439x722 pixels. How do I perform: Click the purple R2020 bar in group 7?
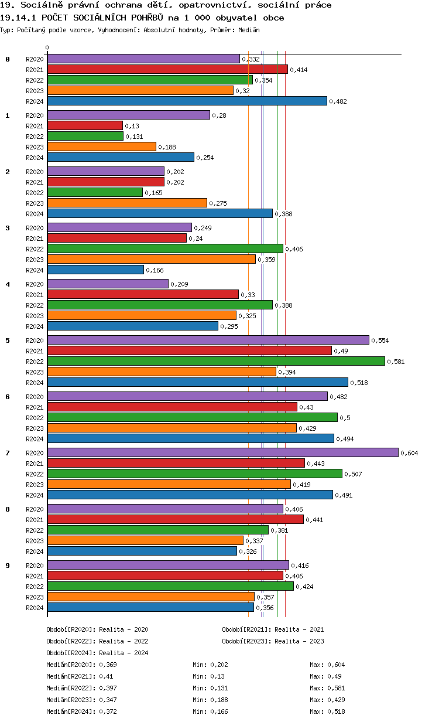tap(222, 452)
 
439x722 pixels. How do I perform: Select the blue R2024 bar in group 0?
tap(187, 101)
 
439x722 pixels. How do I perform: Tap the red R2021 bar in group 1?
tap(85, 125)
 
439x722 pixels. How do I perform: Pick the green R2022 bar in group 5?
tap(216, 361)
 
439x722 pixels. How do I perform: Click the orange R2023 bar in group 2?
tap(127, 203)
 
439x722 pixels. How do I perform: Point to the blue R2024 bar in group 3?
tap(95, 270)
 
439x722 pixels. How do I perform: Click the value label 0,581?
tap(396, 362)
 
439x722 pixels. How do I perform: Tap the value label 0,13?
tap(131, 126)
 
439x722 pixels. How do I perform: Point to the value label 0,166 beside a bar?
tap(153, 270)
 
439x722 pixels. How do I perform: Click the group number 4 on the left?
tap(8, 284)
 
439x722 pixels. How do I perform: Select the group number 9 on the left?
tap(8, 566)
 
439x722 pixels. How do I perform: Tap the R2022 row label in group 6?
tap(35, 418)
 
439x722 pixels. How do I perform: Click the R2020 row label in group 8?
tap(35, 509)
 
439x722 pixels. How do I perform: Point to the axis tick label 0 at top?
tap(47, 47)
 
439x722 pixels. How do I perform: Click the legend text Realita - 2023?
tap(299, 641)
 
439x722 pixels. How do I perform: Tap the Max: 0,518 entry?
tap(327, 711)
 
